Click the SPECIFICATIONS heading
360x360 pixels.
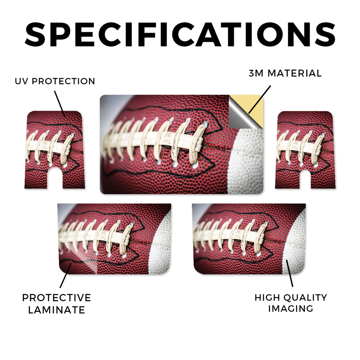pyautogui.click(x=180, y=35)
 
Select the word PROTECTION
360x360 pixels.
pyautogui.click(x=63, y=81)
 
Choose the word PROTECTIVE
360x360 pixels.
pyautogui.click(x=57, y=298)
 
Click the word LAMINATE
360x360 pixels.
pyautogui.click(x=57, y=310)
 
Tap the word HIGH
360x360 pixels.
pyautogui.click(x=267, y=297)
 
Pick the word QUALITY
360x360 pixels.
pyautogui.click(x=305, y=297)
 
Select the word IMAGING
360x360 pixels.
pyautogui.click(x=291, y=309)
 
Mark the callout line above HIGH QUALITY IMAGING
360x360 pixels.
pyautogui.click(x=290, y=273)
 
